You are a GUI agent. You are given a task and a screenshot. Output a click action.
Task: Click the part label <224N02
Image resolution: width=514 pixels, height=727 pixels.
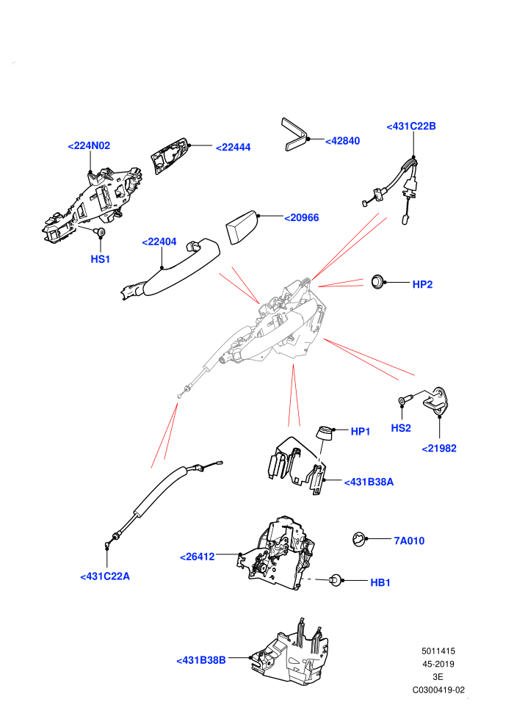(89, 145)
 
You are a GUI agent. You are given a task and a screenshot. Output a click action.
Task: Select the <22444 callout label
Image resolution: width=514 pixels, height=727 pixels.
(233, 148)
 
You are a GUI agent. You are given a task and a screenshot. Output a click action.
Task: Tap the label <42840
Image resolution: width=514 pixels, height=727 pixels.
(342, 141)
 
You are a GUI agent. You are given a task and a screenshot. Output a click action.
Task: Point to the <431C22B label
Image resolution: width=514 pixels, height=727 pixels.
(411, 126)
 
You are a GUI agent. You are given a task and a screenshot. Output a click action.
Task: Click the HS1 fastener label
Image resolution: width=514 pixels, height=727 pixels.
(100, 259)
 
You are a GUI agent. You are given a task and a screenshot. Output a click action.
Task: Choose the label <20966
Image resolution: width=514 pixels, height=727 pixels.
(302, 218)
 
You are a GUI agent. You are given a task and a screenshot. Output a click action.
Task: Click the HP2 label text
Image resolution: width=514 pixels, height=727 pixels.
(422, 285)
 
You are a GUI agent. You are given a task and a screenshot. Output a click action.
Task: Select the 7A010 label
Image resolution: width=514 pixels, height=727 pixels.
(409, 540)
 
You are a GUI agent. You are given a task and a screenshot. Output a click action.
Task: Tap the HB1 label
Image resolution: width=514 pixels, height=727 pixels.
(380, 583)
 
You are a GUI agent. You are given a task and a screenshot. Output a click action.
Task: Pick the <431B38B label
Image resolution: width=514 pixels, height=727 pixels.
(201, 660)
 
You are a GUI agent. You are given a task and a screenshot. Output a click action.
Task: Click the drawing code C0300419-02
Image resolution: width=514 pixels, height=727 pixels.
(438, 690)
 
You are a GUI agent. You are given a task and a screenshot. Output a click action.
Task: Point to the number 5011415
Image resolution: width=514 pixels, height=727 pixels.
(438, 651)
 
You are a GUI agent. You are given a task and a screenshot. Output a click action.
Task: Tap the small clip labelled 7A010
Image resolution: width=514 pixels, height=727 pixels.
(359, 539)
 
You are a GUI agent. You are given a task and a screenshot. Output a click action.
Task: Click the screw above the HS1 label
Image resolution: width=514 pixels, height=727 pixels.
(100, 231)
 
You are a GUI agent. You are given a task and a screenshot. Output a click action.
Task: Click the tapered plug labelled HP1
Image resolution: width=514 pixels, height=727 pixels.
(325, 432)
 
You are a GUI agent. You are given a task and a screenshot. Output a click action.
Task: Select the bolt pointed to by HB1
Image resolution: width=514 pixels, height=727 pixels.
(335, 580)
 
